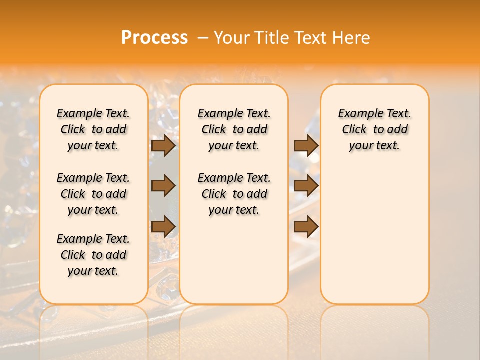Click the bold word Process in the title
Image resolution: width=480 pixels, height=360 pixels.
154,38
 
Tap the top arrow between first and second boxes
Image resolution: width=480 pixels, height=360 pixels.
163,145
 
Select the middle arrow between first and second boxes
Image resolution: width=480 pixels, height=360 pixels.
163,186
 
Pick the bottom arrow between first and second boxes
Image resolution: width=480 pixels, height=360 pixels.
163,226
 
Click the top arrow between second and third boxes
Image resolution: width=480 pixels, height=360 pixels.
306,145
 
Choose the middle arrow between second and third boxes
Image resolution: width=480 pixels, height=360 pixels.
306,186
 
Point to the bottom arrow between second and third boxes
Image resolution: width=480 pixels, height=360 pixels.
306,226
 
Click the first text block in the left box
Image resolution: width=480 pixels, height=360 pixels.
93,129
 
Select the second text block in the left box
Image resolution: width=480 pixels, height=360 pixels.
93,194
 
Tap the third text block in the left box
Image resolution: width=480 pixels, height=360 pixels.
93,255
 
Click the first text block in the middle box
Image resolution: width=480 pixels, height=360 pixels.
234,129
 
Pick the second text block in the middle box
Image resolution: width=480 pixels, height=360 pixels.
234,194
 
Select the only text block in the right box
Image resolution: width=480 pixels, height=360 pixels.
374,129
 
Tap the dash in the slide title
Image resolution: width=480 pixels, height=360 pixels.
203,38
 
